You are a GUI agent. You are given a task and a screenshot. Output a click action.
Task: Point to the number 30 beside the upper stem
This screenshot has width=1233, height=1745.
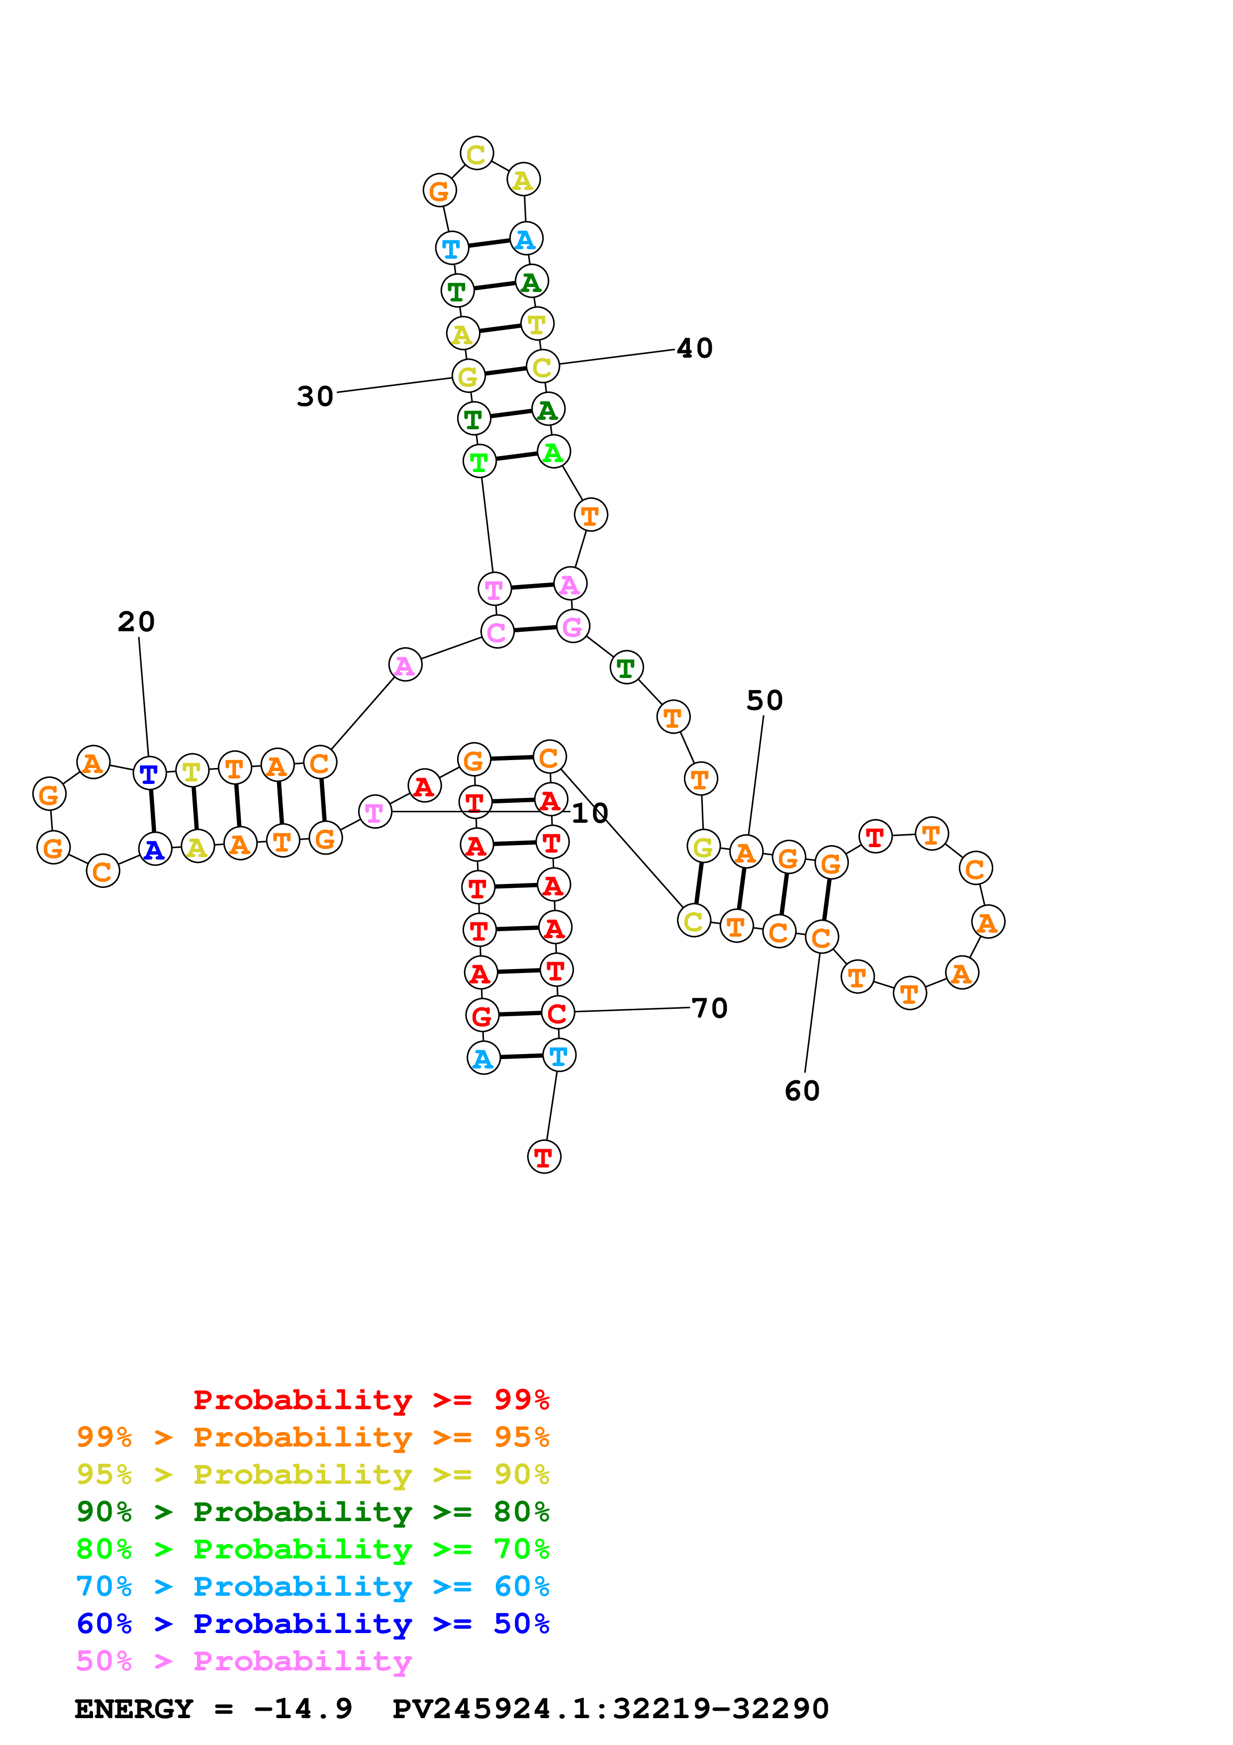click(314, 396)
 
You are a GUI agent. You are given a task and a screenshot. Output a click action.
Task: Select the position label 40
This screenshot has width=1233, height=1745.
click(694, 348)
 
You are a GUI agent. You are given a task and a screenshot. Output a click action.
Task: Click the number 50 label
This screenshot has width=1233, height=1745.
click(764, 700)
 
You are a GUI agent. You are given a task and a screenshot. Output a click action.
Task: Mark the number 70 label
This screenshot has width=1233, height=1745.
click(710, 1008)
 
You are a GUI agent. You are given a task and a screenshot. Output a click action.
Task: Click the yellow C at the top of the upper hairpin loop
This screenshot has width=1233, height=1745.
click(476, 154)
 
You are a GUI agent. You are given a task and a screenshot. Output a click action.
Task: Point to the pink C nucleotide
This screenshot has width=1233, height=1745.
click(497, 632)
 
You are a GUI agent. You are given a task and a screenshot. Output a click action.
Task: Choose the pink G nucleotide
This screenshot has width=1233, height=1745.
click(572, 626)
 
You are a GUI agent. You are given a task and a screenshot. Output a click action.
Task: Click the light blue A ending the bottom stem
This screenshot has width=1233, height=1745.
click(483, 1058)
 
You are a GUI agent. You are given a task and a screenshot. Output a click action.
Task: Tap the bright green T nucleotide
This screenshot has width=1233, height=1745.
click(478, 461)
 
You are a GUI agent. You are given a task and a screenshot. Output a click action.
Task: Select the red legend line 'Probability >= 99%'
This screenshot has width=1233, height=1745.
click(371, 1399)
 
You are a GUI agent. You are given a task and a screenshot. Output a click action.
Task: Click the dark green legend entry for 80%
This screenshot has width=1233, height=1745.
click(312, 1512)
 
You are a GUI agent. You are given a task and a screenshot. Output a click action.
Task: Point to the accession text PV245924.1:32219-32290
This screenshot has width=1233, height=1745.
click(610, 1709)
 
